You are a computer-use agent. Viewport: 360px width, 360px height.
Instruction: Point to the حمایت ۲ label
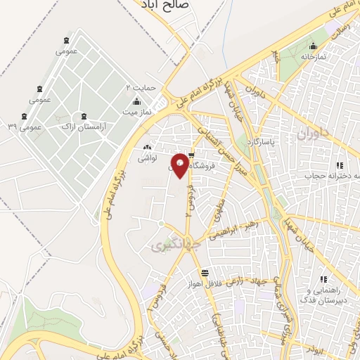tap(139, 87)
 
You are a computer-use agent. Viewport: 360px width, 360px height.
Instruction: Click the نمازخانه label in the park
tap(314, 56)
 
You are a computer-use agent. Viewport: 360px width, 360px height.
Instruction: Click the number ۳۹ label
tap(12, 127)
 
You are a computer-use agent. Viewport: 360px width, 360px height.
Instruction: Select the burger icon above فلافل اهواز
tap(204, 273)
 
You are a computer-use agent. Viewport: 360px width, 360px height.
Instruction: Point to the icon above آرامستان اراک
tap(84, 115)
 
